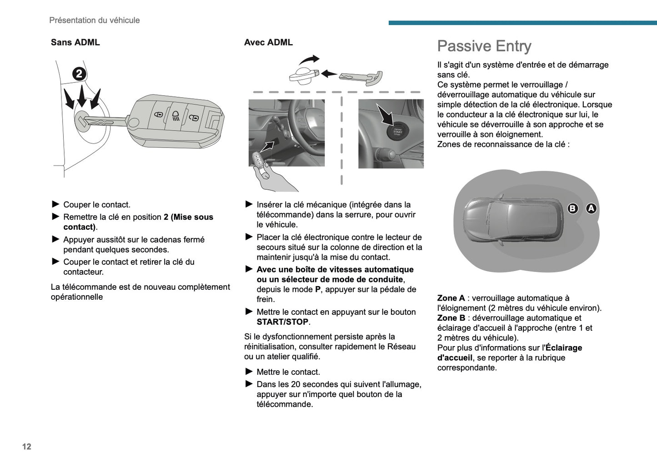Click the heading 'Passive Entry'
(484, 46)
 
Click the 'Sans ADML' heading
(75, 42)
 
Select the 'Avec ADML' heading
(268, 42)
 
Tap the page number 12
(27, 447)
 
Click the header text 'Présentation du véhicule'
(94, 20)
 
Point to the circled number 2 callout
(79, 74)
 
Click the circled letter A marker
(591, 208)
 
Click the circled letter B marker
(573, 208)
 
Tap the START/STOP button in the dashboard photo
(397, 131)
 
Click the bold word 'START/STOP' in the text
(282, 322)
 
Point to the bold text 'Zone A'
(451, 298)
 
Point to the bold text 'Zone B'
(451, 318)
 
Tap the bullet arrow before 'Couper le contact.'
(56, 204)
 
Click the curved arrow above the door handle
(310, 60)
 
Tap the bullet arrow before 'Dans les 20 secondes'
(249, 384)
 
